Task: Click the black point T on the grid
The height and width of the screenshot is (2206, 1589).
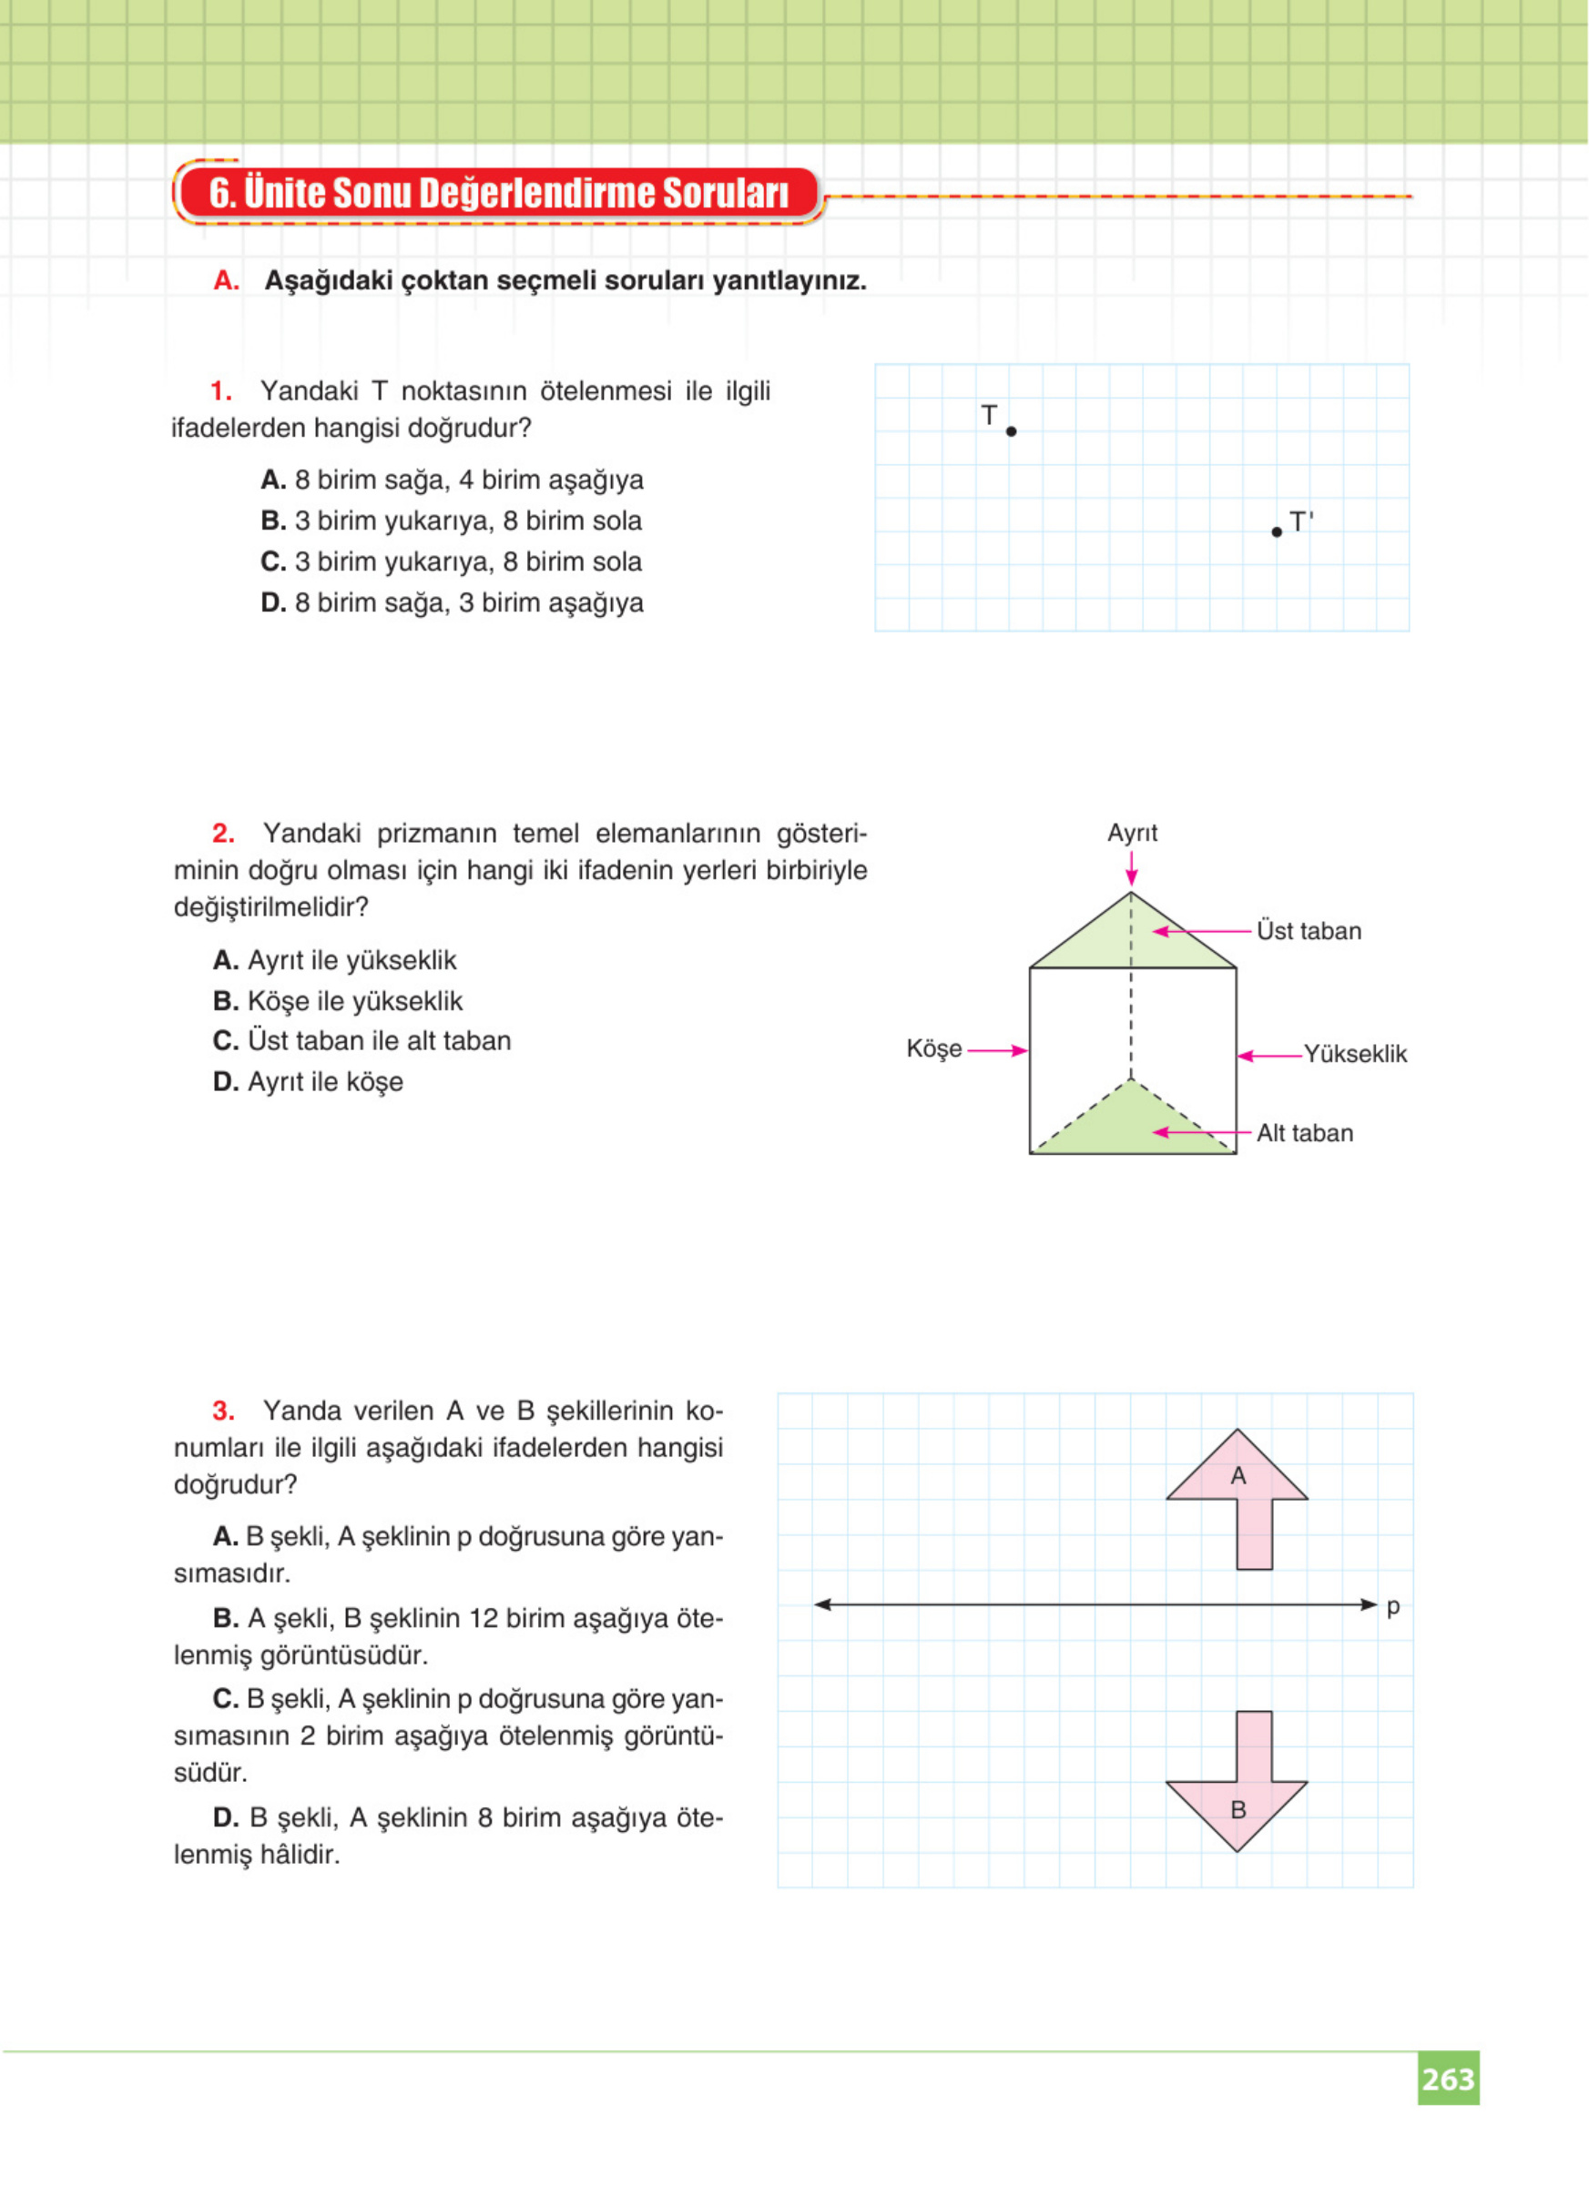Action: pyautogui.click(x=1011, y=430)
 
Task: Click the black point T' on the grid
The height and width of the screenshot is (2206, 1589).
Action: pyautogui.click(x=1277, y=532)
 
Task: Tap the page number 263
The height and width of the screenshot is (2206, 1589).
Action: pyautogui.click(x=1448, y=2079)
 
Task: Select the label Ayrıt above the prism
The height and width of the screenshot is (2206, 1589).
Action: pyautogui.click(x=1132, y=833)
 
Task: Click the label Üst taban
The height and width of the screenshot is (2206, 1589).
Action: pyautogui.click(x=1309, y=931)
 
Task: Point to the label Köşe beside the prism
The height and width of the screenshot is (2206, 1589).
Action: pyautogui.click(x=933, y=1048)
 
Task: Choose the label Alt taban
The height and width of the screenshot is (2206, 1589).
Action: pyautogui.click(x=1305, y=1133)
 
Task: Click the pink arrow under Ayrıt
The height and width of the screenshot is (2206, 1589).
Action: pyautogui.click(x=1131, y=867)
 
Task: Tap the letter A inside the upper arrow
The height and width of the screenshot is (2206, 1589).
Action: pyautogui.click(x=1238, y=1475)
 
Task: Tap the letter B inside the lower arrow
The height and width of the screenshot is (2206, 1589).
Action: pyautogui.click(x=1238, y=1810)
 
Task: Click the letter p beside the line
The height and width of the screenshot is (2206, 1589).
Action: pyautogui.click(x=1392, y=1606)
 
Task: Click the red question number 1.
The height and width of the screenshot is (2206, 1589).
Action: pyautogui.click(x=221, y=391)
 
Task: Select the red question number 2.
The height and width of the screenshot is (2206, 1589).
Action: pyautogui.click(x=223, y=834)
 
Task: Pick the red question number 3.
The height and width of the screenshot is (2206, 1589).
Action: pyautogui.click(x=223, y=1411)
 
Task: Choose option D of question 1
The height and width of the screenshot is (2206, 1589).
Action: pyautogui.click(x=452, y=603)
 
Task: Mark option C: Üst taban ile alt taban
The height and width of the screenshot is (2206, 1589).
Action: pyautogui.click(x=362, y=1041)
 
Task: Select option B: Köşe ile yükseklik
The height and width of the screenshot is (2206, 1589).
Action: pyautogui.click(x=338, y=1001)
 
